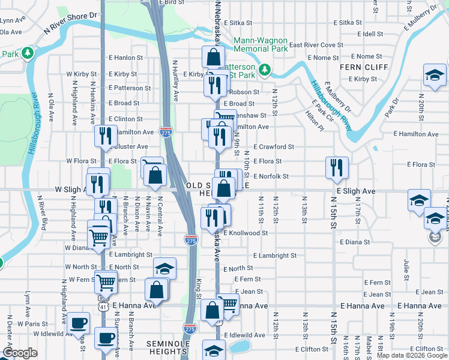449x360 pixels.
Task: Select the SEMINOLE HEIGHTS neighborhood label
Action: coord(169,343)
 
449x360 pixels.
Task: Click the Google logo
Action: coord(20,353)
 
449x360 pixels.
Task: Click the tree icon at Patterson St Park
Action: coord(265,71)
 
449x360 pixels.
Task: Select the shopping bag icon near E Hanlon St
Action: coord(213,58)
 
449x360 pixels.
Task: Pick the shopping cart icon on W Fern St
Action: coord(106,281)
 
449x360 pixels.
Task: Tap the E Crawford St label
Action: coord(273,146)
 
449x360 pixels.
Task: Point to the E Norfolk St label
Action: coord(271,176)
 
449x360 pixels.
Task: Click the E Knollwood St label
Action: coord(246,232)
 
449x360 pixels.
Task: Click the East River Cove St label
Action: coord(316,45)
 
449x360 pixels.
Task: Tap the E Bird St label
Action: coord(170,3)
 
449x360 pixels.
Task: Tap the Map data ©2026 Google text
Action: coord(411,355)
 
